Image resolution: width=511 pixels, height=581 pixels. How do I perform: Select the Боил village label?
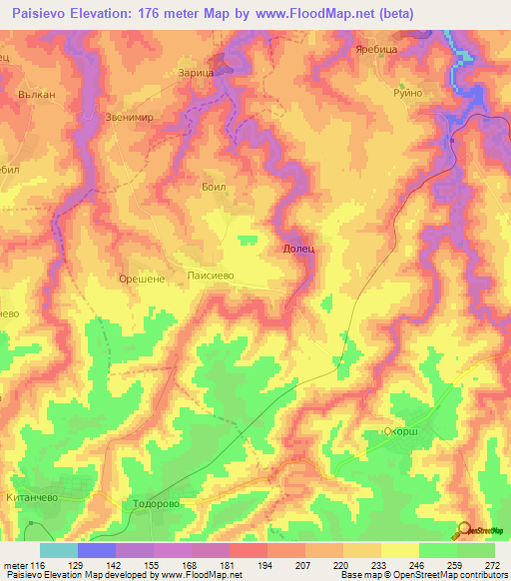tap(214, 187)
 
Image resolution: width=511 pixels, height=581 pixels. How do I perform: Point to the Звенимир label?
tap(130, 117)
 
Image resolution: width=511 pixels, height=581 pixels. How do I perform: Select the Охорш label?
tap(405, 431)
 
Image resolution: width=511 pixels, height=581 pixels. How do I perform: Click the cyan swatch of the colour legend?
tap(59, 550)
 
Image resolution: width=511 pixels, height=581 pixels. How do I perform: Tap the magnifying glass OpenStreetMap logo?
tap(465, 530)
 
